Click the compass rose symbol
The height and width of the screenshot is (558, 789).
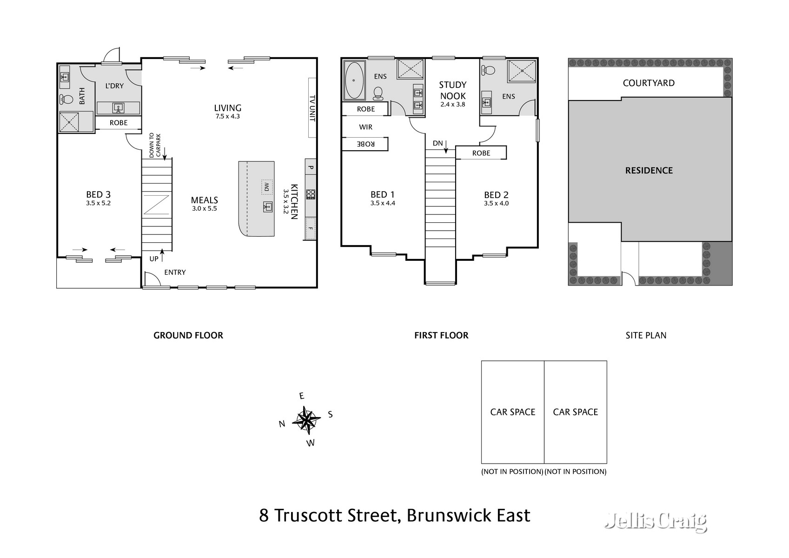306,420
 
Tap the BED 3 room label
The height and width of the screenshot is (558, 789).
98,195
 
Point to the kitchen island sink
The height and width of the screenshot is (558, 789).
268,206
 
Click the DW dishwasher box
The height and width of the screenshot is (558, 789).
266,187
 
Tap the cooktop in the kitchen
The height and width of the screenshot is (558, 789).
311,194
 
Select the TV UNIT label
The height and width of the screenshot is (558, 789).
312,108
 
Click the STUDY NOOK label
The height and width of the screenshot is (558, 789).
452,90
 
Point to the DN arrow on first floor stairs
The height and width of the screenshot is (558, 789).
445,147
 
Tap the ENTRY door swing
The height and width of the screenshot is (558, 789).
150,279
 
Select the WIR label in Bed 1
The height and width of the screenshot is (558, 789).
365,127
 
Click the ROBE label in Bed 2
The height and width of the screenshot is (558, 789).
481,153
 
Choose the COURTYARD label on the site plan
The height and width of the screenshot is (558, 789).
648,83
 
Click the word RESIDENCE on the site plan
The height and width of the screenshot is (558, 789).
649,171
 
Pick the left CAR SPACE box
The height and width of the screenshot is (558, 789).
512,412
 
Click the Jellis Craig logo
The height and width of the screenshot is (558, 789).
655,521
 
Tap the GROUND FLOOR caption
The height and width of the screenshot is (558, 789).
188,335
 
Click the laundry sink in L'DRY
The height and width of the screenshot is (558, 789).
118,108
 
